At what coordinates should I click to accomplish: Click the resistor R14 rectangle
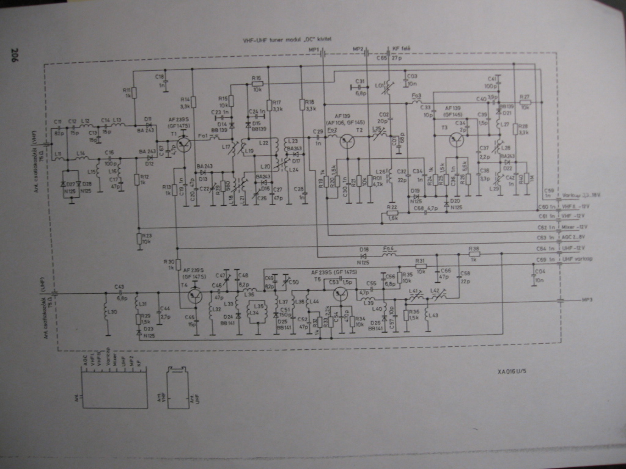193,102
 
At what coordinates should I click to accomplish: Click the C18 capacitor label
160,77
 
